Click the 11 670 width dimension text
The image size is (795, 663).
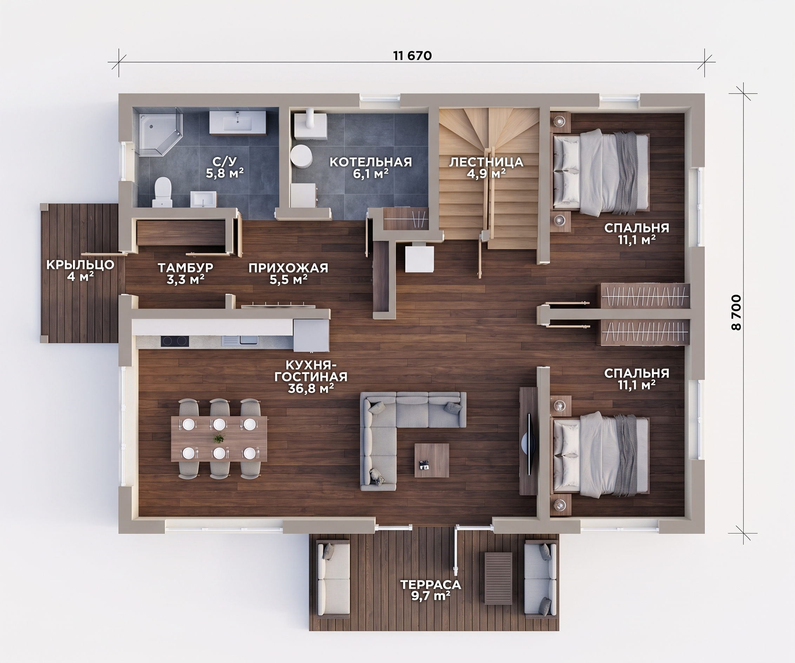(x=412, y=56)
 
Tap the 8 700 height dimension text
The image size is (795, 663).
(x=736, y=312)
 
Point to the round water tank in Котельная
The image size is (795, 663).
(x=302, y=155)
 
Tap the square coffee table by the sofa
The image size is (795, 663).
(x=432, y=460)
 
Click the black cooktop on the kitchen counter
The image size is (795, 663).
(x=175, y=341)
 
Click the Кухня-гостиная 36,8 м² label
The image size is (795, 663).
(x=310, y=377)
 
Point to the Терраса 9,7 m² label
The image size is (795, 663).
(x=431, y=590)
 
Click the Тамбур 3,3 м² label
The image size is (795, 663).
(x=186, y=274)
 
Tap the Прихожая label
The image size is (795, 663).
(x=288, y=268)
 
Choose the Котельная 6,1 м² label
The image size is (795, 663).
(x=370, y=168)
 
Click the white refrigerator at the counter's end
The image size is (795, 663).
(x=310, y=335)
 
